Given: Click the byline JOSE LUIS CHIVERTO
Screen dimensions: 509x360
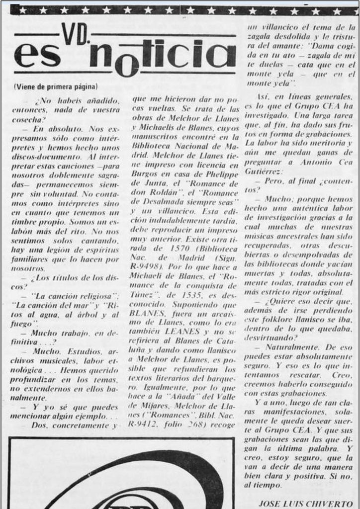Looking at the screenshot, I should (x=308, y=503).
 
